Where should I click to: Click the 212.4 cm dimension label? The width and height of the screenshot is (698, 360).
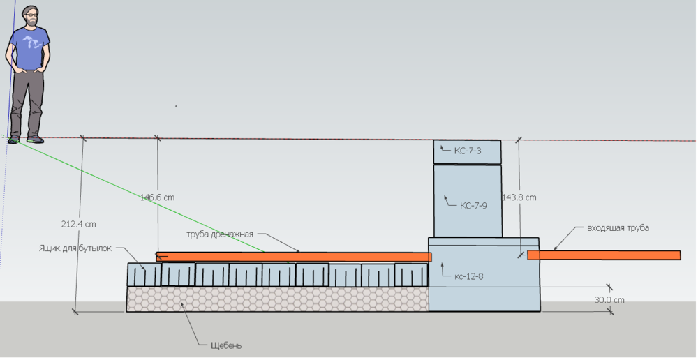coord(77,225)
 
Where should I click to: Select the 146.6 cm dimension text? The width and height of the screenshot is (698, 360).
coord(157,197)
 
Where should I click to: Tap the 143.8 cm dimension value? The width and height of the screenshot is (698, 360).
coord(520,197)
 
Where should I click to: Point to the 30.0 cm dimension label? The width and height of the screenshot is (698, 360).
coord(610,300)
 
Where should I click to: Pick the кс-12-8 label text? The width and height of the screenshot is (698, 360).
coord(468,276)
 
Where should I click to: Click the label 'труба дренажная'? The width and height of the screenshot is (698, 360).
coord(219,234)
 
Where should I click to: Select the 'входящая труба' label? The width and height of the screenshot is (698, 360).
coord(618,228)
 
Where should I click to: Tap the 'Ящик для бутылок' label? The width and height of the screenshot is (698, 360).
coord(75,248)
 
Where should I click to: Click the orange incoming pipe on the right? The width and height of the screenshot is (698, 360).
coord(604,255)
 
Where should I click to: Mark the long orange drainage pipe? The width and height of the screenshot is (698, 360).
coord(293,257)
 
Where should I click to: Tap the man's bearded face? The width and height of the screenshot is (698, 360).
coord(31,17)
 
